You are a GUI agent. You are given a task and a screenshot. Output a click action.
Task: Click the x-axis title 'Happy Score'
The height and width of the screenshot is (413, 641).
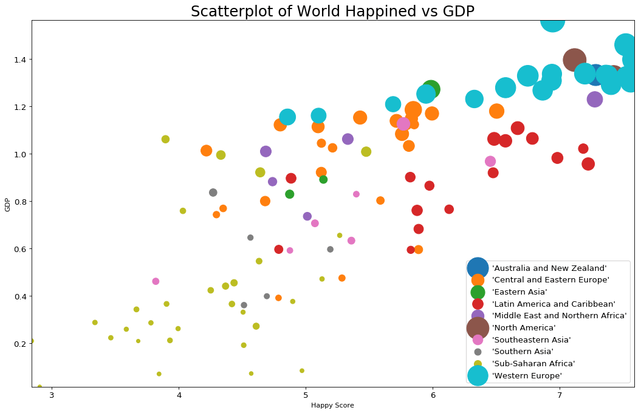(x=332, y=405)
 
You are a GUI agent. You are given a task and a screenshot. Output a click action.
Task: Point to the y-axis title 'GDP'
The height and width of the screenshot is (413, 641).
(x=7, y=205)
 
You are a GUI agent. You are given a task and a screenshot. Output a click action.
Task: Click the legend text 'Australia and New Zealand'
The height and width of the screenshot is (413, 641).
(x=549, y=268)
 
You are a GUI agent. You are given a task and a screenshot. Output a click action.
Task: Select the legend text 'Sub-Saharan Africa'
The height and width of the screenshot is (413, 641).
(x=533, y=364)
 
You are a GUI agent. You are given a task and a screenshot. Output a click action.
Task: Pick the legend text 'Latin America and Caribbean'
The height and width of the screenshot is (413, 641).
(x=554, y=304)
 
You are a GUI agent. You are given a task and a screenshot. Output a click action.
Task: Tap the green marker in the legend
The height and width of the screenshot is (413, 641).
(x=478, y=292)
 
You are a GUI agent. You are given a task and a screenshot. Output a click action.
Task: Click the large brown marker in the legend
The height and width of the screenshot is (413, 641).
(x=478, y=328)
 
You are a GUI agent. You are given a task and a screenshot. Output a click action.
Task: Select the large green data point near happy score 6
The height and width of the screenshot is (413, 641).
(x=431, y=89)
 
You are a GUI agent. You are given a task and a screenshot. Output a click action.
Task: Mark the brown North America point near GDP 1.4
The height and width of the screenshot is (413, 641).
(x=574, y=60)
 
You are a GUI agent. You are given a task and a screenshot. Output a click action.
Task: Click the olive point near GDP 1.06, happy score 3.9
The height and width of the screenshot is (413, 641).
(x=165, y=139)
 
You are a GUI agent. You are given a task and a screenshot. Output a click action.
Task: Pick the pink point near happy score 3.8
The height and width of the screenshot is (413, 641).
(x=156, y=281)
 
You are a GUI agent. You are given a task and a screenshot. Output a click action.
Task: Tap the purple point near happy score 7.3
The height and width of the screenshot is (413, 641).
(x=595, y=100)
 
